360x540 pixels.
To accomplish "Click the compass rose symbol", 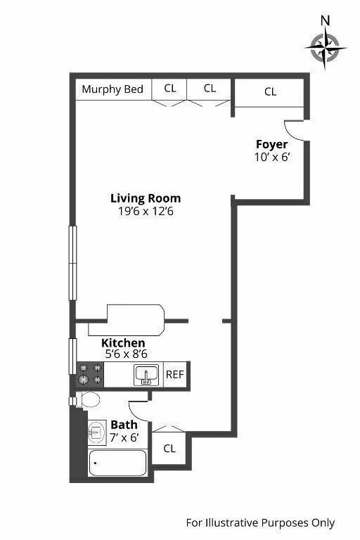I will click(x=325, y=49).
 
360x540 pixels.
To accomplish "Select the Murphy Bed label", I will click(x=112, y=89).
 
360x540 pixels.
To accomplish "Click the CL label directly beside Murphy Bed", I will click(x=170, y=89).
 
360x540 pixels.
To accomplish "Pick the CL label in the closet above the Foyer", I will click(x=270, y=91).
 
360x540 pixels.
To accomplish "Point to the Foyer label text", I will click(x=271, y=145).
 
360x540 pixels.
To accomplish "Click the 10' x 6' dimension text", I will click(x=272, y=157).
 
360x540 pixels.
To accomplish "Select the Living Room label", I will click(x=146, y=198).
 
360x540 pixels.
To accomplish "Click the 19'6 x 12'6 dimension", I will click(x=146, y=211).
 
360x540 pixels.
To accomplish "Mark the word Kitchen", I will click(x=123, y=343).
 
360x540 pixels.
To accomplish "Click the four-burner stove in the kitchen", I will click(x=89, y=374).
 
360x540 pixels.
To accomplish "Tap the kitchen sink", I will click(x=146, y=375).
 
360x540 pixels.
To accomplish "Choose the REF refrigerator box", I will click(x=174, y=375).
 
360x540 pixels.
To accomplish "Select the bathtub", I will click(x=117, y=463).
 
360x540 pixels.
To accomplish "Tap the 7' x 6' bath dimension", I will click(x=124, y=438).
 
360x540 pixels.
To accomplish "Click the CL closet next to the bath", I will click(x=169, y=449).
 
